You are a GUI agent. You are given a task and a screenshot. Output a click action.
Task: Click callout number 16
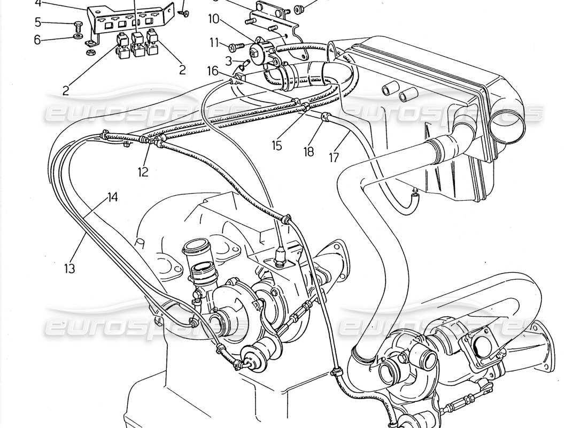213,70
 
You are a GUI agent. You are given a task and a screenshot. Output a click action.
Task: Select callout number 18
309,152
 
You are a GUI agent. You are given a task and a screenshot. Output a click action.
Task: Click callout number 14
112,197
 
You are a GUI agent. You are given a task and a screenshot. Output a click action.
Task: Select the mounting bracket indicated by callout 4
128,19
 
